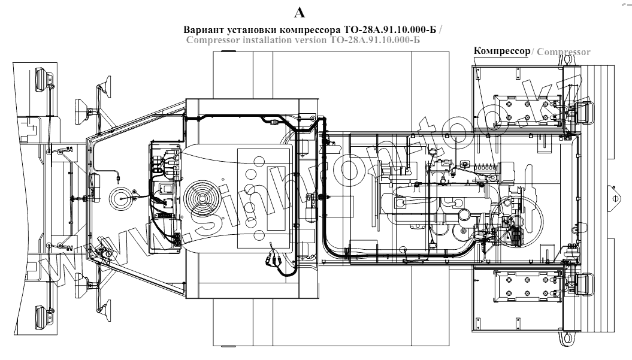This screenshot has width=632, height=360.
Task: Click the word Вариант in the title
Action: (x=203, y=30)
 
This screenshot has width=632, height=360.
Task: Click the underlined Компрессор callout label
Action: (x=502, y=51)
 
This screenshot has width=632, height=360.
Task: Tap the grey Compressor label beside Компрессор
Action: (x=564, y=52)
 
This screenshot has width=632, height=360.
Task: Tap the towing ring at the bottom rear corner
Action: (x=565, y=337)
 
